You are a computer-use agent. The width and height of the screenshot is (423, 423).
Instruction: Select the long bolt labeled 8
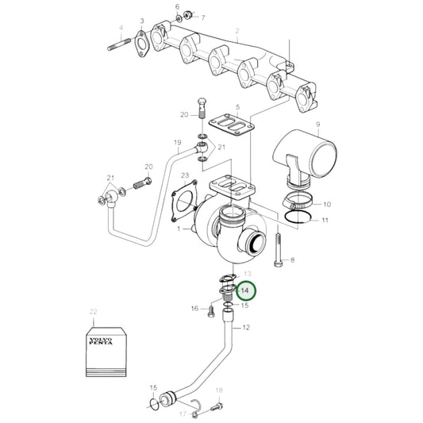(x=276, y=248)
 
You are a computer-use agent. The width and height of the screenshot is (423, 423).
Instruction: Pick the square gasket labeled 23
(x=184, y=198)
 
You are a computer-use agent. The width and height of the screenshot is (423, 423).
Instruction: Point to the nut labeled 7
(x=189, y=16)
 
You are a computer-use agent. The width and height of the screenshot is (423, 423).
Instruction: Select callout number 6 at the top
(x=177, y=6)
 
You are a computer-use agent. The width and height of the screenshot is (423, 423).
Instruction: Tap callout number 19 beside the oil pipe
(x=178, y=143)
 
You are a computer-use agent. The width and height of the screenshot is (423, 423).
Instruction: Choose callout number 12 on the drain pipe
(x=246, y=327)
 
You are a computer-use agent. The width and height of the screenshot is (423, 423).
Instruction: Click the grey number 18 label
(x=219, y=390)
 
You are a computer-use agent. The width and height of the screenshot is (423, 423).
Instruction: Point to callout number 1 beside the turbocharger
(x=180, y=229)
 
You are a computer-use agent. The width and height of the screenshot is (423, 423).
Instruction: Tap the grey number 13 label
(x=246, y=274)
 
